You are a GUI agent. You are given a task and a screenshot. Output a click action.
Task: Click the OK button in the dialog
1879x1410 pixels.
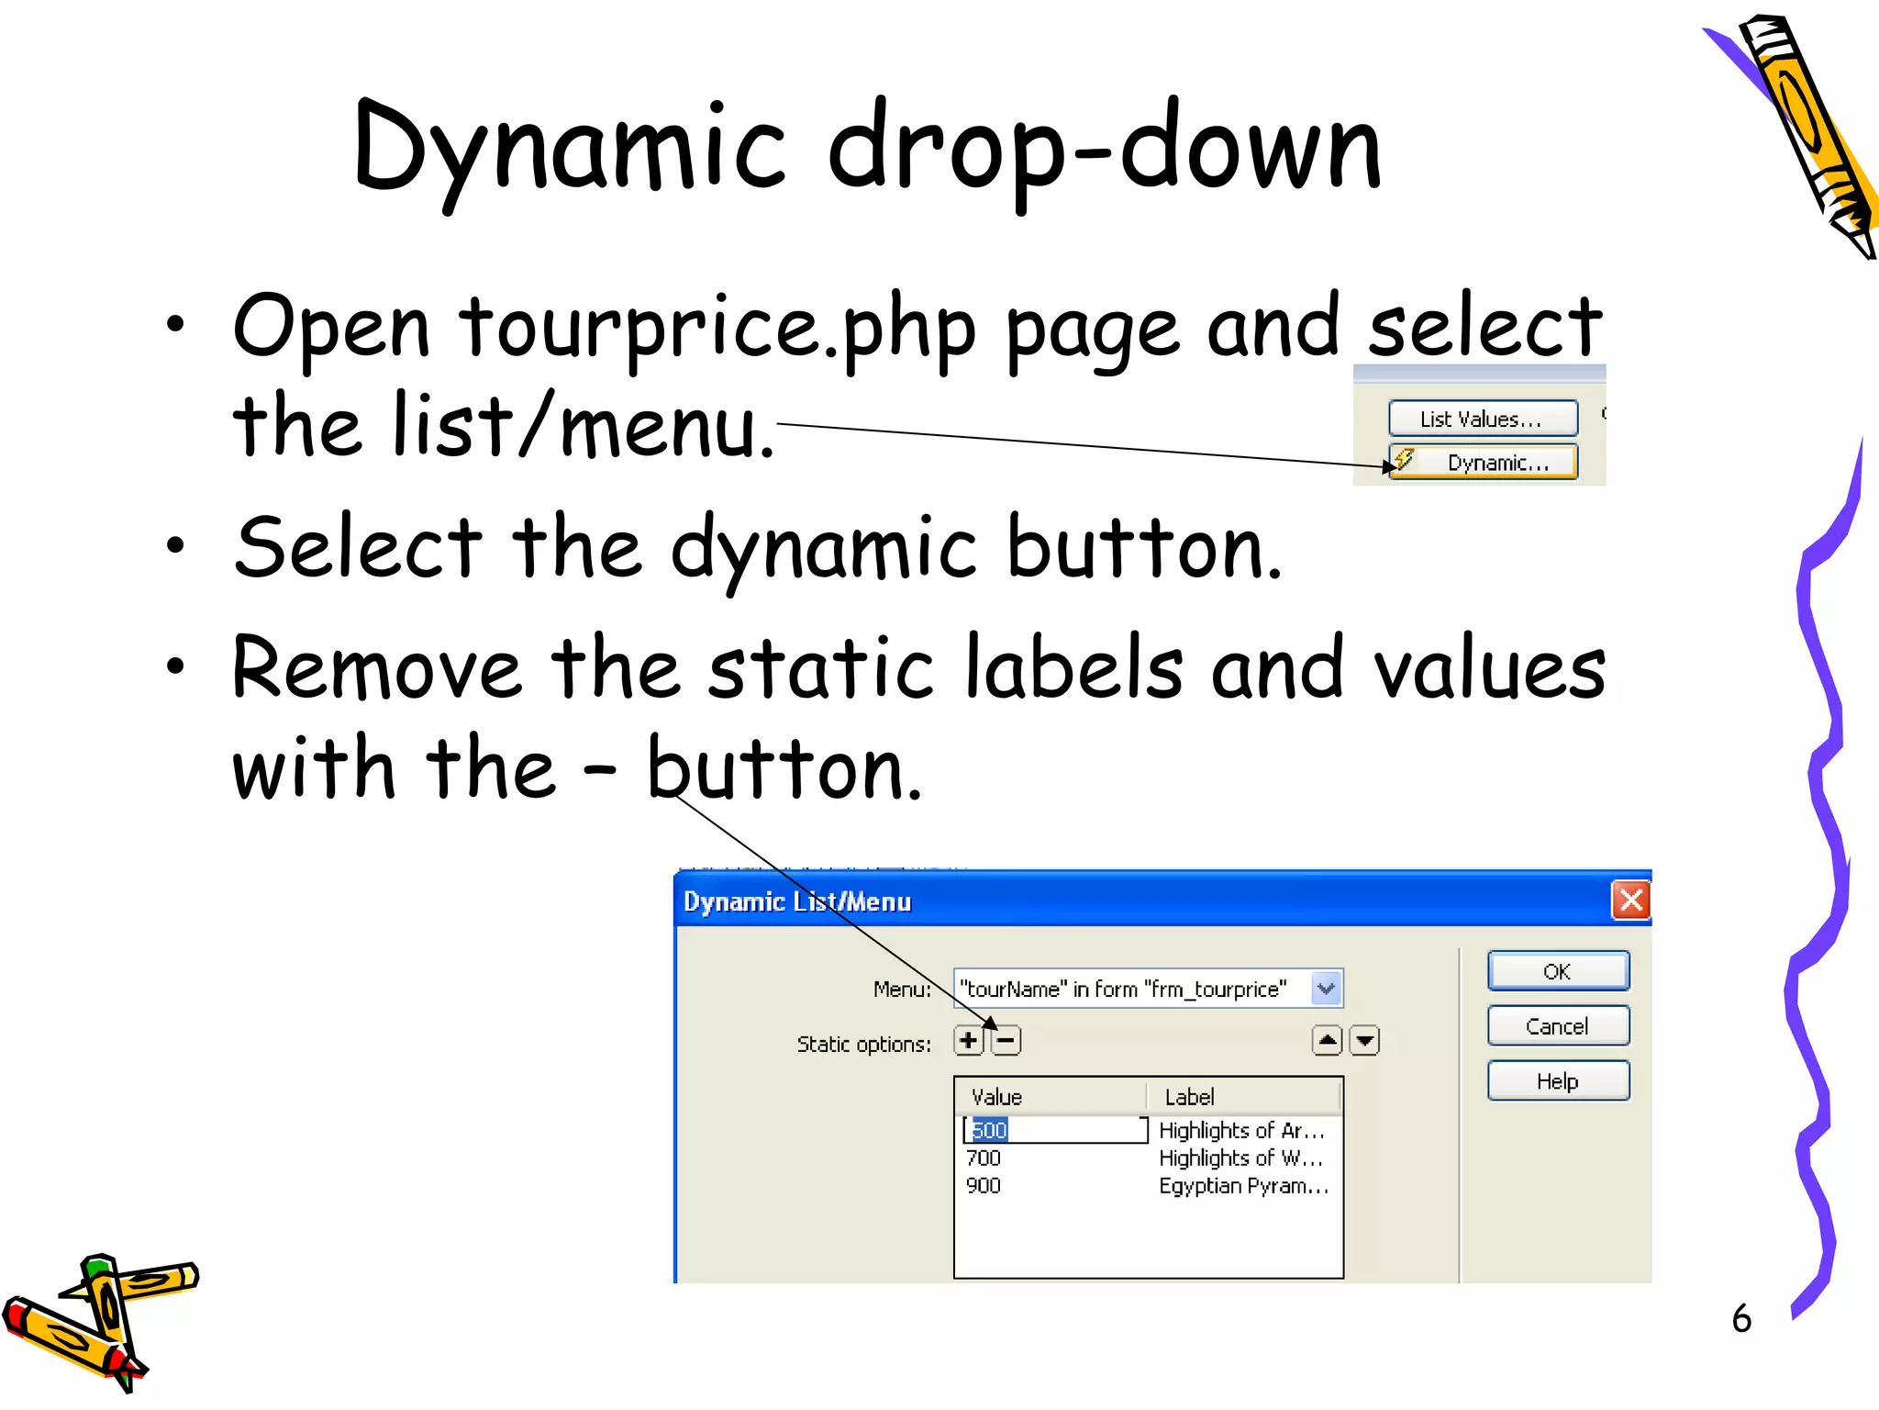(x=1557, y=971)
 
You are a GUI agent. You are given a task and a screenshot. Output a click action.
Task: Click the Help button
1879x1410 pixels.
(x=1557, y=1081)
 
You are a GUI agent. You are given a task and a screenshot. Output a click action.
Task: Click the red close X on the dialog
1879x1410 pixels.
(x=1630, y=901)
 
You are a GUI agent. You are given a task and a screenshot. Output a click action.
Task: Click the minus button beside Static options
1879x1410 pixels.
(x=1006, y=1041)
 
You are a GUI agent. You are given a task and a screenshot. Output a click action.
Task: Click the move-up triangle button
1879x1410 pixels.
(x=1327, y=1041)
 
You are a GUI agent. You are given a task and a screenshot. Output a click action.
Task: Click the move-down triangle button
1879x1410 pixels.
(x=1365, y=1041)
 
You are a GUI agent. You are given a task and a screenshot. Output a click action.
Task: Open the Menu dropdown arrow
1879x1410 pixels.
(x=1326, y=989)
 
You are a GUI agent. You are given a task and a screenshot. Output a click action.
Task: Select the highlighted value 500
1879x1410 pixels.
(x=989, y=1130)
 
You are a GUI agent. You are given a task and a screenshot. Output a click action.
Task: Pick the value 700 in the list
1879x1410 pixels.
(x=984, y=1158)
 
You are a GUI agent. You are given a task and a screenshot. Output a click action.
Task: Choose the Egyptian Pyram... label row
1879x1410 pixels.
(x=1242, y=1186)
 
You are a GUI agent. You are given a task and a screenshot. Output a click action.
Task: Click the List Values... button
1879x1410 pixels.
(x=1482, y=420)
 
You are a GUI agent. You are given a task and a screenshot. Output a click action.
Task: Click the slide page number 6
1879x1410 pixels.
(x=1740, y=1319)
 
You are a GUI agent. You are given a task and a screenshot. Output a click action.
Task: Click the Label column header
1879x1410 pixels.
(x=1189, y=1097)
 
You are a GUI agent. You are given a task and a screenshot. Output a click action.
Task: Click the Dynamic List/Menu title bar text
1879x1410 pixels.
(x=796, y=901)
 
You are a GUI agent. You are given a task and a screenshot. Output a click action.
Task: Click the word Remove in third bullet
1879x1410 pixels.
(x=376, y=669)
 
